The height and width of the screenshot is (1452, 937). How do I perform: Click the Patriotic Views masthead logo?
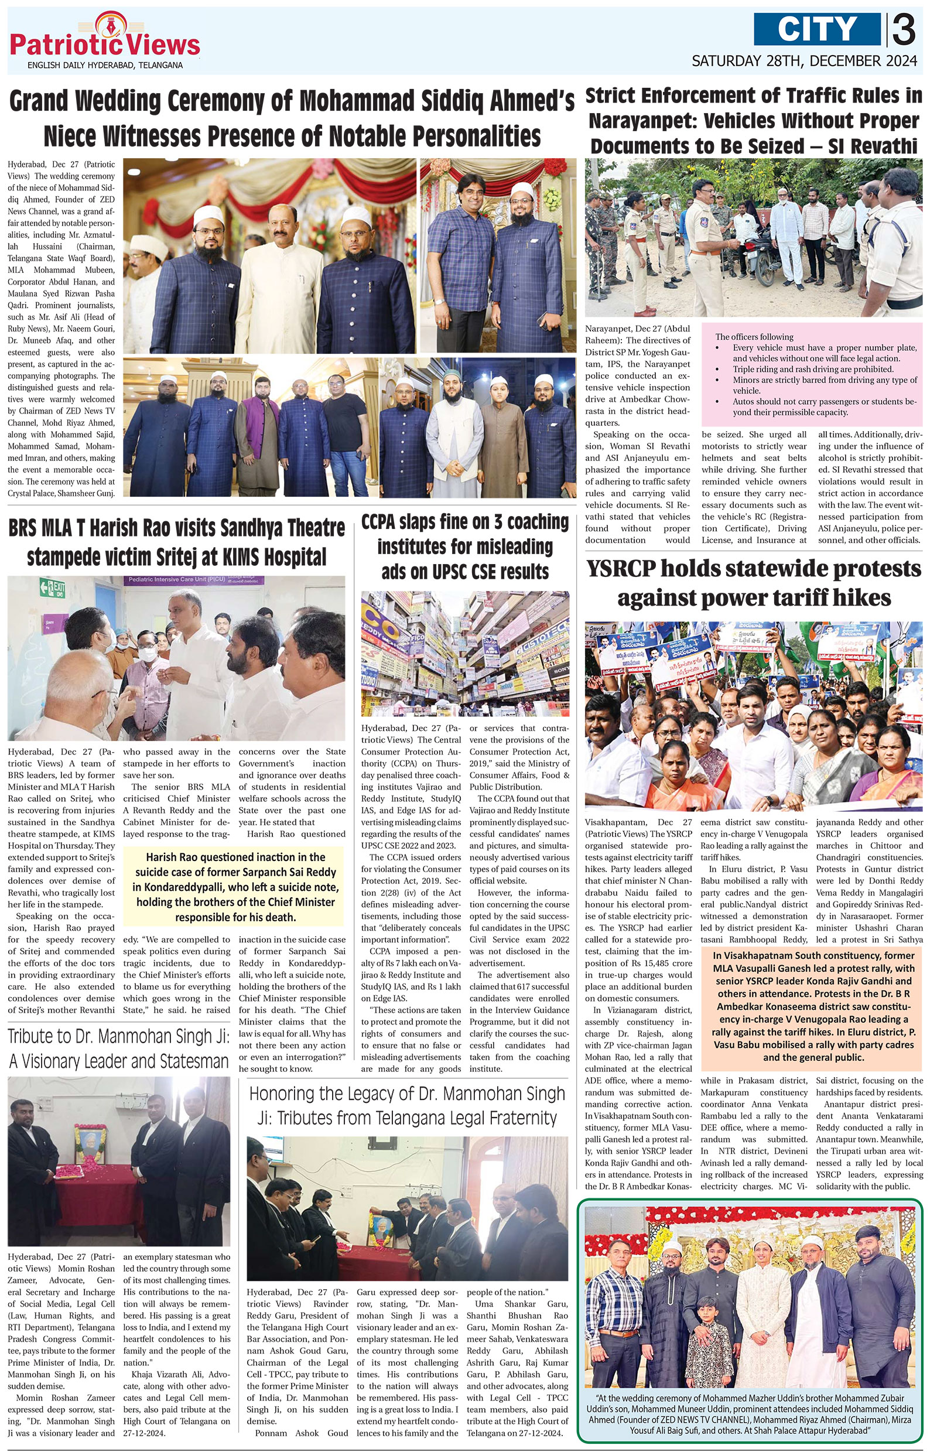[x=105, y=43]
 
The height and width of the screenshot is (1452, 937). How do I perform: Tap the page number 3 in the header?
[x=905, y=30]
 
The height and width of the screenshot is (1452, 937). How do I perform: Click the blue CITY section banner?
[x=816, y=29]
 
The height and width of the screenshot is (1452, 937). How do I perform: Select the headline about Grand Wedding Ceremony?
[x=292, y=119]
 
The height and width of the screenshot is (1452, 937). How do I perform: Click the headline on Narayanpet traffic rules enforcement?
[x=753, y=121]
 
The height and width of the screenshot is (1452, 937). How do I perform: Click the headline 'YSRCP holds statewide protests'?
[x=753, y=583]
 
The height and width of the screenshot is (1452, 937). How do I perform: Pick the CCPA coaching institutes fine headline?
[x=465, y=546]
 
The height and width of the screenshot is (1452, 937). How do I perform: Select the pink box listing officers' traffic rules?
[x=812, y=375]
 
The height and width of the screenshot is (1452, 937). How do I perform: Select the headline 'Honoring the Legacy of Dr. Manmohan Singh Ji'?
[x=407, y=1106]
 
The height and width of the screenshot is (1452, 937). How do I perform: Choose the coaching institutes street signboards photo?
[x=465, y=655]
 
